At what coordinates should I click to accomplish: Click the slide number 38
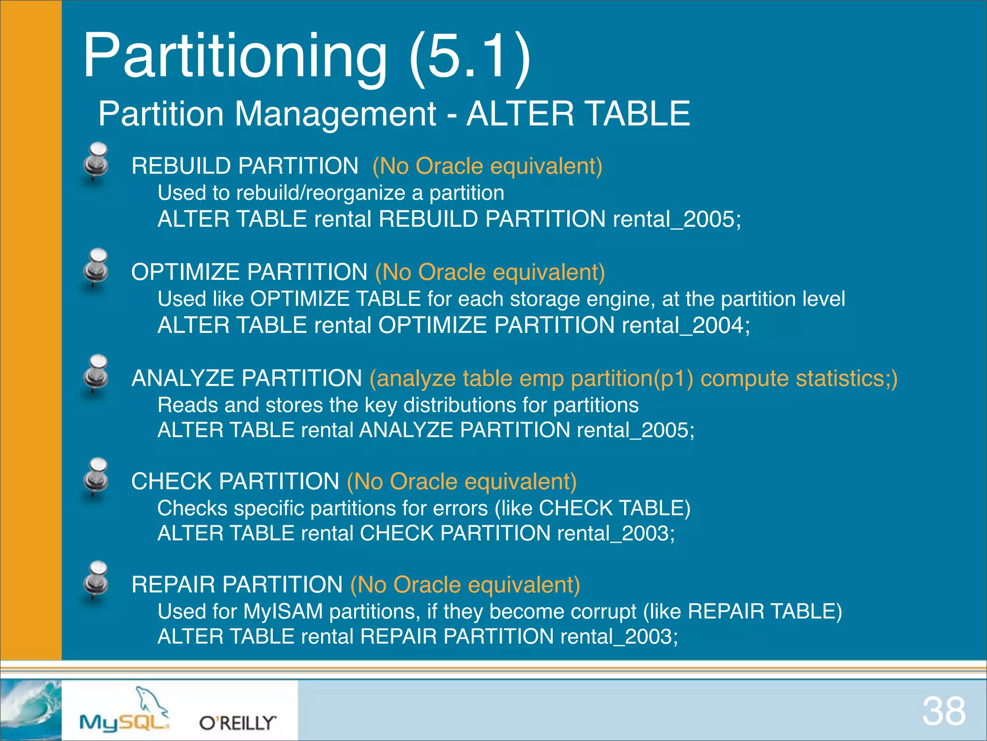point(944,712)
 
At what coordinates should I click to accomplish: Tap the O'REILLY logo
point(238,723)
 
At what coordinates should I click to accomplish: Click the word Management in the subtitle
point(335,114)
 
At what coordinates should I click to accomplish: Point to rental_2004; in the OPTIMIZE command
point(686,325)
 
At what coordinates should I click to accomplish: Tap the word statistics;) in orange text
point(847,378)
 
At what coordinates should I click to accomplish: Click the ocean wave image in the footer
point(31,710)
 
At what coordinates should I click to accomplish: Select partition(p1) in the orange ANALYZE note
point(632,378)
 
